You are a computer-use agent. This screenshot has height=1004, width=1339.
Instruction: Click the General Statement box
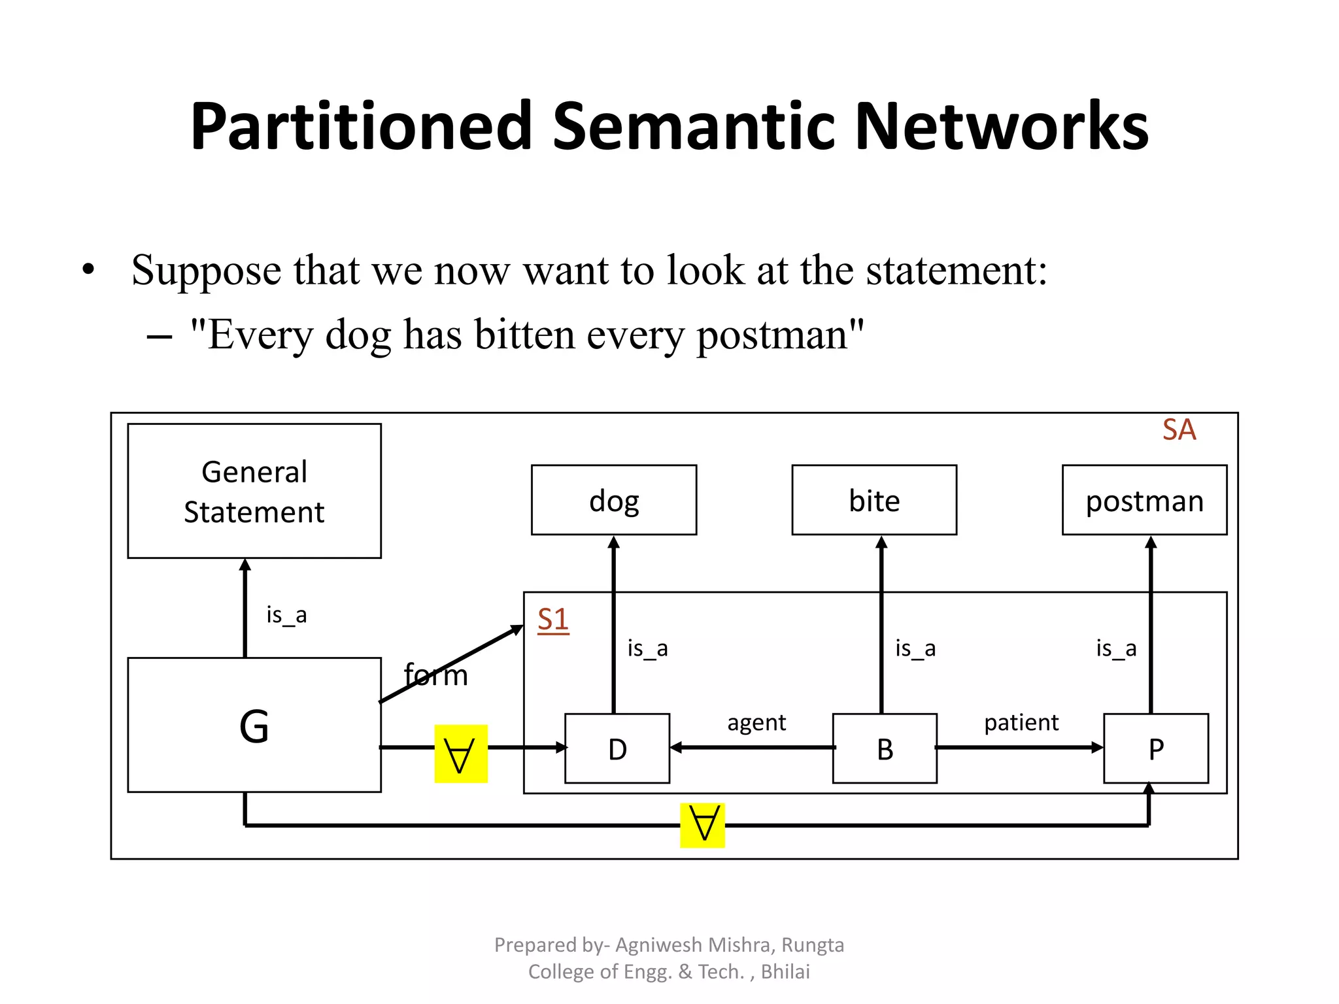(254, 491)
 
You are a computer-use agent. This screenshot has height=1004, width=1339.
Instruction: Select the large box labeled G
(254, 725)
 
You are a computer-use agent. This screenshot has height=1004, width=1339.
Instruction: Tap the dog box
(613, 500)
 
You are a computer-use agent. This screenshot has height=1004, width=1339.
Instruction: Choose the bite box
(873, 500)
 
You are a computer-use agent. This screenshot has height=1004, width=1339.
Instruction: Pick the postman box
(1144, 500)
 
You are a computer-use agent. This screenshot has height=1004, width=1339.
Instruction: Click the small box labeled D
(617, 748)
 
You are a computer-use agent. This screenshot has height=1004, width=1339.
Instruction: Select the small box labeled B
(884, 748)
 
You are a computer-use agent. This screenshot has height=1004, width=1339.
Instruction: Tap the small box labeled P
(1155, 748)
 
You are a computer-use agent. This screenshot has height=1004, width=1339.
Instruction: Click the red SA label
(1178, 430)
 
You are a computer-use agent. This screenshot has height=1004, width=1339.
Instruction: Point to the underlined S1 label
(552, 619)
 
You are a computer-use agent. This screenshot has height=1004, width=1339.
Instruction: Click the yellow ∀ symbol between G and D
(460, 754)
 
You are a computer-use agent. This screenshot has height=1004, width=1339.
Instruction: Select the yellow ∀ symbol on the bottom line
(702, 825)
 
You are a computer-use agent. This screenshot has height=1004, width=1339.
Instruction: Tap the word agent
(756, 722)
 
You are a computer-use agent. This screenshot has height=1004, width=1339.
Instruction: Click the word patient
(1021, 722)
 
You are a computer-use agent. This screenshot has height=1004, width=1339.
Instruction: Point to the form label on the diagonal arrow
(436, 675)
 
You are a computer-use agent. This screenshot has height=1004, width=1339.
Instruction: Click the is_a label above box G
(286, 614)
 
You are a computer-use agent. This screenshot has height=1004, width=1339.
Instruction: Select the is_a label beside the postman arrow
(1116, 648)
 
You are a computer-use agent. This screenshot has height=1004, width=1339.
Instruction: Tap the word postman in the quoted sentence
(771, 335)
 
